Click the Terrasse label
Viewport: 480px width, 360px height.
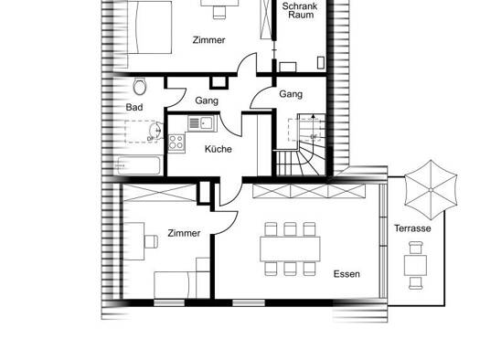coord(412,228)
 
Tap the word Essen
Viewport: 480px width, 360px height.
coord(347,274)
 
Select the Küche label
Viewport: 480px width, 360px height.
coord(218,149)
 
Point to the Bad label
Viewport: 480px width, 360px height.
coord(134,107)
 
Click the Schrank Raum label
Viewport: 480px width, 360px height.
coord(300,10)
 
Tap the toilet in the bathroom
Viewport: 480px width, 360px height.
coord(140,86)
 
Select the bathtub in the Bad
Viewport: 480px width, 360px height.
coord(139,165)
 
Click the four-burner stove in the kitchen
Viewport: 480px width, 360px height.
coord(176,143)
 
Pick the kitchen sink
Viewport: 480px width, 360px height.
coord(202,123)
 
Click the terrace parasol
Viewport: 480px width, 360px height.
coord(431,190)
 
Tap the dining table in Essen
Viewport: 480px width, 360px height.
coord(290,249)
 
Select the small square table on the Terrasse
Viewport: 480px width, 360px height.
coord(415,265)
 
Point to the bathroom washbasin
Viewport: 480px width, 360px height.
coord(155,131)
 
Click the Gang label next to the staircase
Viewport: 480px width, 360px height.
coord(291,94)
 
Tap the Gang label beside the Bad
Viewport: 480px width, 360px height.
coord(207,101)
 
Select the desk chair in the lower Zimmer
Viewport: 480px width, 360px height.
coord(151,241)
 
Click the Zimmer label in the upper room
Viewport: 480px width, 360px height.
coord(208,40)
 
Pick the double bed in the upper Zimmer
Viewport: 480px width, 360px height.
coord(149,27)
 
